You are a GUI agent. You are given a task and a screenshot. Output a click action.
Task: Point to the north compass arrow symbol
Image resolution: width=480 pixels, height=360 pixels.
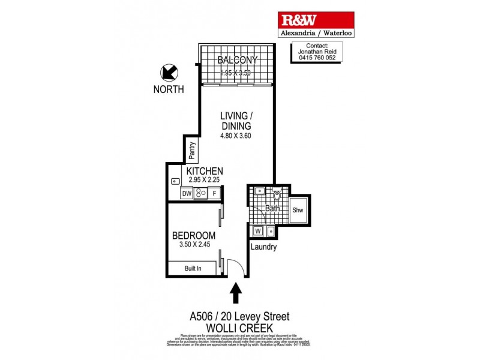pyautogui.click(x=169, y=73)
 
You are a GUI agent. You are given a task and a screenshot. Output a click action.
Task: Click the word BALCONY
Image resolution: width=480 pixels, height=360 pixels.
pyautogui.click(x=238, y=60)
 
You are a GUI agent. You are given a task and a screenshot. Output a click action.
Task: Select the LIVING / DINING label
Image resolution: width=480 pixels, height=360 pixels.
pyautogui.click(x=235, y=121)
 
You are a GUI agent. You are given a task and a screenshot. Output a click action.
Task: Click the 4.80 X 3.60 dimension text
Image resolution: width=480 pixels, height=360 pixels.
pyautogui.click(x=235, y=136)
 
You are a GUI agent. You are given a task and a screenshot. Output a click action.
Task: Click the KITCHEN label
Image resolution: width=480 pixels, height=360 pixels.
pyautogui.click(x=205, y=170)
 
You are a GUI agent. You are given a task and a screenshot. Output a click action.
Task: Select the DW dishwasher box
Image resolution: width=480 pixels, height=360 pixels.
pyautogui.click(x=186, y=194)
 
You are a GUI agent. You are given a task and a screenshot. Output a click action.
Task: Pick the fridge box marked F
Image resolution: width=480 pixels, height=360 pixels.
pyautogui.click(x=214, y=194)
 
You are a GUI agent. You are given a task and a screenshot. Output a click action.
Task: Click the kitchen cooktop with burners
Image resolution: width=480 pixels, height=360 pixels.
pyautogui.click(x=200, y=194)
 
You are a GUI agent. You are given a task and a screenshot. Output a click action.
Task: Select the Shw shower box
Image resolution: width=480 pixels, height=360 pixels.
pyautogui.click(x=298, y=210)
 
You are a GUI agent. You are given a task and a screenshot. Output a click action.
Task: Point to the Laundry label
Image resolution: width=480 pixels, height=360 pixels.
pyautogui.click(x=264, y=247)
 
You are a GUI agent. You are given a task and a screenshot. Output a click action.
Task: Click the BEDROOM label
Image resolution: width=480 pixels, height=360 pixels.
pyautogui.click(x=194, y=235)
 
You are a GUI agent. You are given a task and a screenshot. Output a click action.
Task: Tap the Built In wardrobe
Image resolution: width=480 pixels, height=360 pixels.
pyautogui.click(x=193, y=269)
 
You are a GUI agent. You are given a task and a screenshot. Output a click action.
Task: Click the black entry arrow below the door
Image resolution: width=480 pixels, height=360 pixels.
pyautogui.click(x=236, y=293)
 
